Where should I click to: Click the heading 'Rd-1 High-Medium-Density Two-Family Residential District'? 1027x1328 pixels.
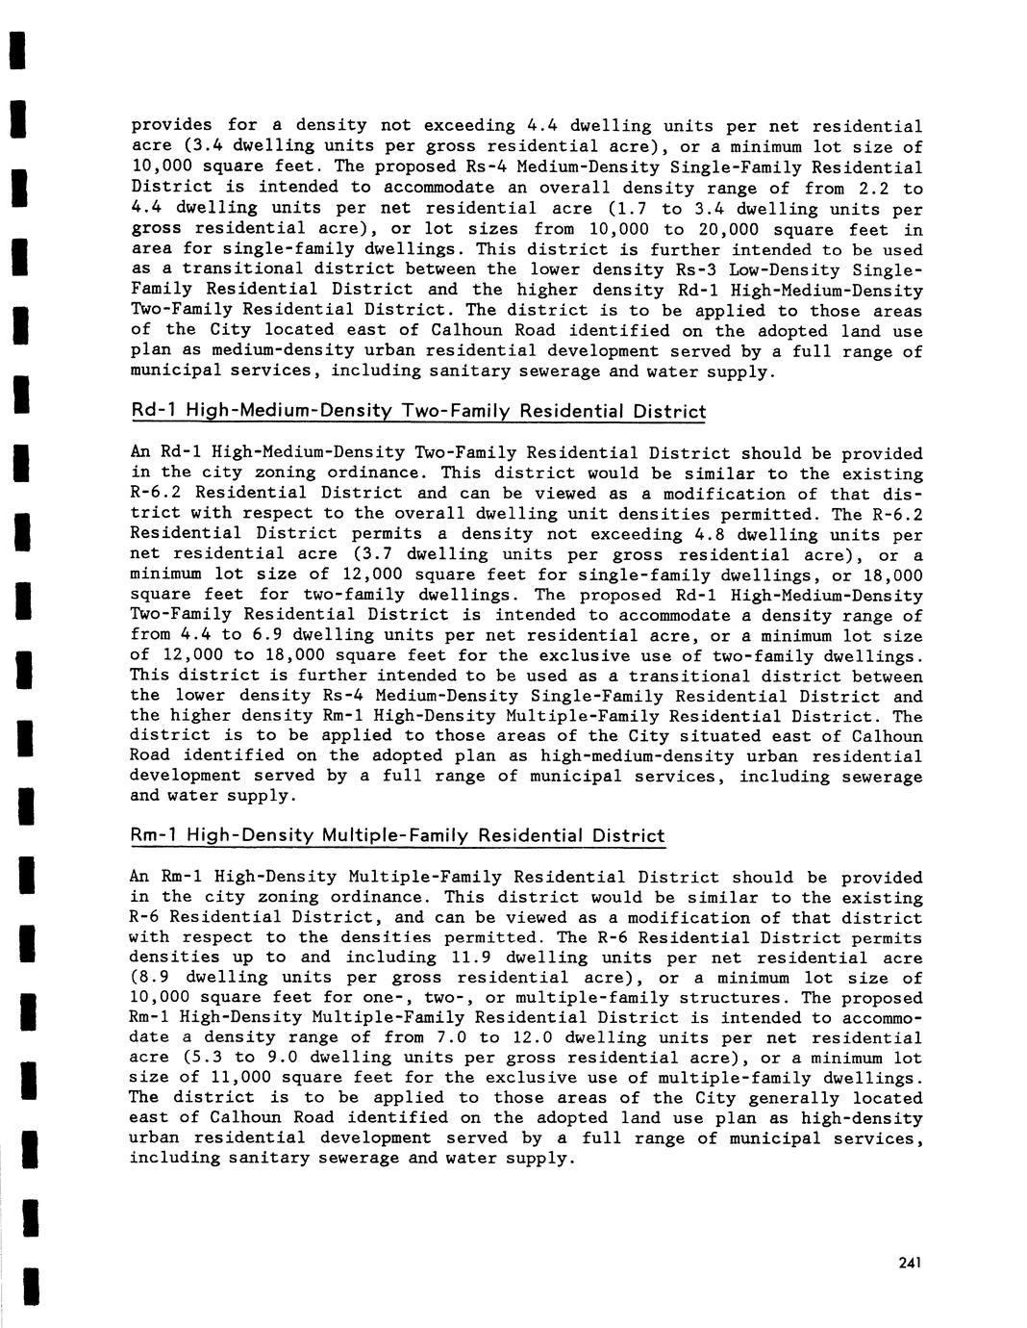coord(418,412)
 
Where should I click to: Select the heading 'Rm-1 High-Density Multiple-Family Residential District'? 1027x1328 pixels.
coord(397,835)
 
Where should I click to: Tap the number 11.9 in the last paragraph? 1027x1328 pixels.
coord(471,958)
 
